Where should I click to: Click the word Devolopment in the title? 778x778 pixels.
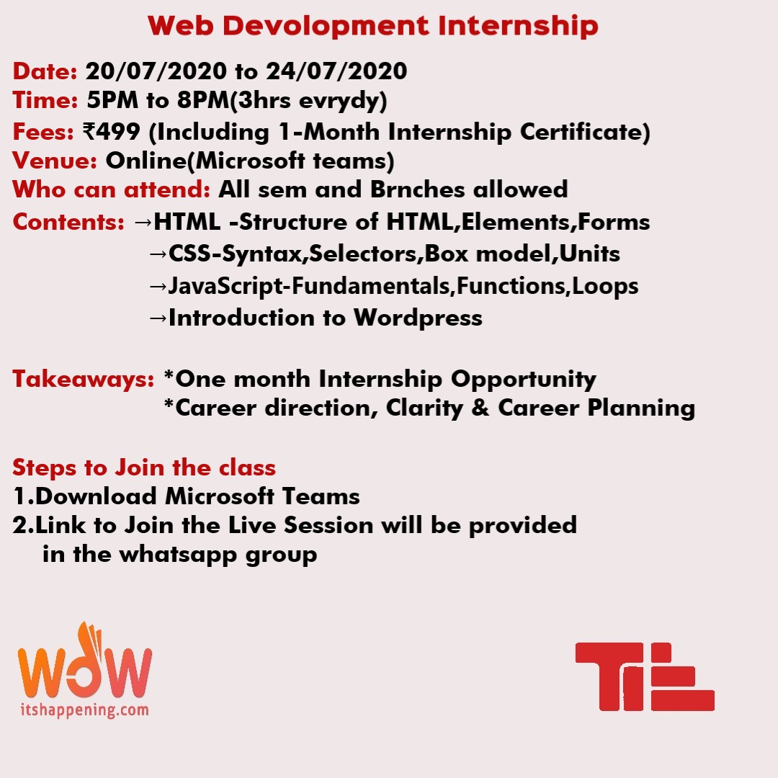coord(326,27)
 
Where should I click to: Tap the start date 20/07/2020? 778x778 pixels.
coord(156,71)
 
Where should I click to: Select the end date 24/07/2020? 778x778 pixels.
coord(336,71)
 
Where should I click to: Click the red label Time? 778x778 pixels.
coord(45,99)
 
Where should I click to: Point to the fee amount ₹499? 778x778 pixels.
coord(112,132)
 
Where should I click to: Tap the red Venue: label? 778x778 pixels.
coord(55,161)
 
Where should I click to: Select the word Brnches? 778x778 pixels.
coord(417,189)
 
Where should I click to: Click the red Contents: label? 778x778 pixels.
coord(68,222)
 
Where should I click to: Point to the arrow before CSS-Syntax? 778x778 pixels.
coord(158,254)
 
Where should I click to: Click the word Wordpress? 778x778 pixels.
coord(418,318)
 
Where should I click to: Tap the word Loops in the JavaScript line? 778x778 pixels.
coord(605,287)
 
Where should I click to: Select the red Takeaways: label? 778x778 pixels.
coord(84,379)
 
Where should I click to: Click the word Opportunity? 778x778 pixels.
coord(524,380)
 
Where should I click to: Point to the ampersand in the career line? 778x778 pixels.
coord(480,408)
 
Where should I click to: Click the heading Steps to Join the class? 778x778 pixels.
coord(144,468)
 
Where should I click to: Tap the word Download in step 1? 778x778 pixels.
coord(97,496)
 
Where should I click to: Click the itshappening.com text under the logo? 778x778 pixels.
coord(84,710)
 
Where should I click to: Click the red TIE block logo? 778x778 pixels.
coord(645,676)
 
